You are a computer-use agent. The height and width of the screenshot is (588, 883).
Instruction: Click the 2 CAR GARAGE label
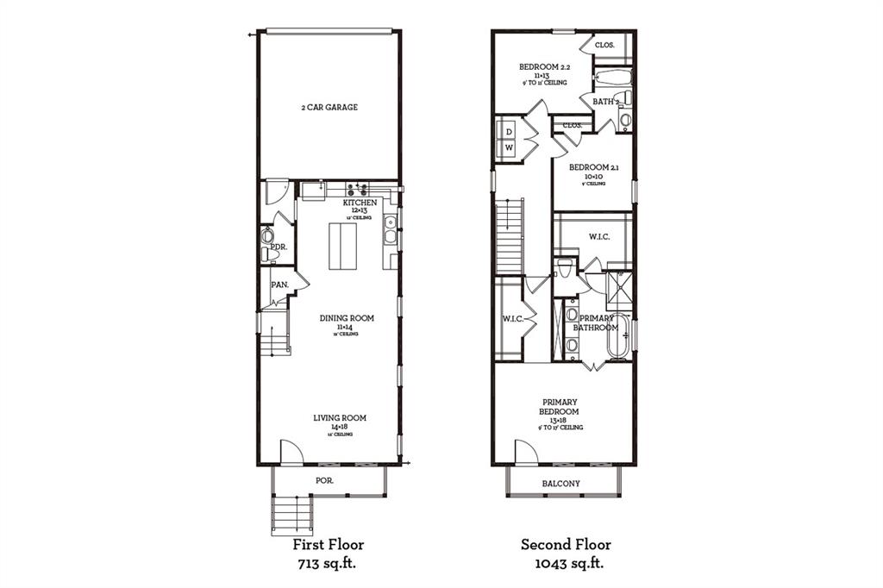click(329, 108)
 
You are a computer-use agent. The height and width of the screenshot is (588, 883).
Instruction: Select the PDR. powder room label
click(278, 246)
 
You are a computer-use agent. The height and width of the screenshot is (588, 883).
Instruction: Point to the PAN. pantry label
click(279, 284)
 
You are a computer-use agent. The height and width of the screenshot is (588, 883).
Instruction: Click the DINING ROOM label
click(347, 318)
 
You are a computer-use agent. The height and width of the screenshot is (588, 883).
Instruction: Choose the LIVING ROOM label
click(340, 418)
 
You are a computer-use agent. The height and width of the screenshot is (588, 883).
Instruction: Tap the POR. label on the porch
click(325, 479)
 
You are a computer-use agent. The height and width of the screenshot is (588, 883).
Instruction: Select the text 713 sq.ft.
click(329, 563)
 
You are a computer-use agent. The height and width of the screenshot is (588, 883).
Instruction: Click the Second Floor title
click(566, 544)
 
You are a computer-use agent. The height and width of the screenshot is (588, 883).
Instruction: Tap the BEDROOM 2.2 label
click(543, 66)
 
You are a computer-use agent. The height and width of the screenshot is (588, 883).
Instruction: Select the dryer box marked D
click(509, 132)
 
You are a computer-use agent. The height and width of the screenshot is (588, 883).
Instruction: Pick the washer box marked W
click(509, 148)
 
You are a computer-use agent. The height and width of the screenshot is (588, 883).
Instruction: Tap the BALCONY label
click(560, 484)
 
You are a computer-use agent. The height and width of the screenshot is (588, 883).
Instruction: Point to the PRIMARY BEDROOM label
click(560, 407)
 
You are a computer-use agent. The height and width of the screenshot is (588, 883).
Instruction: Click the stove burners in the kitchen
click(358, 187)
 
